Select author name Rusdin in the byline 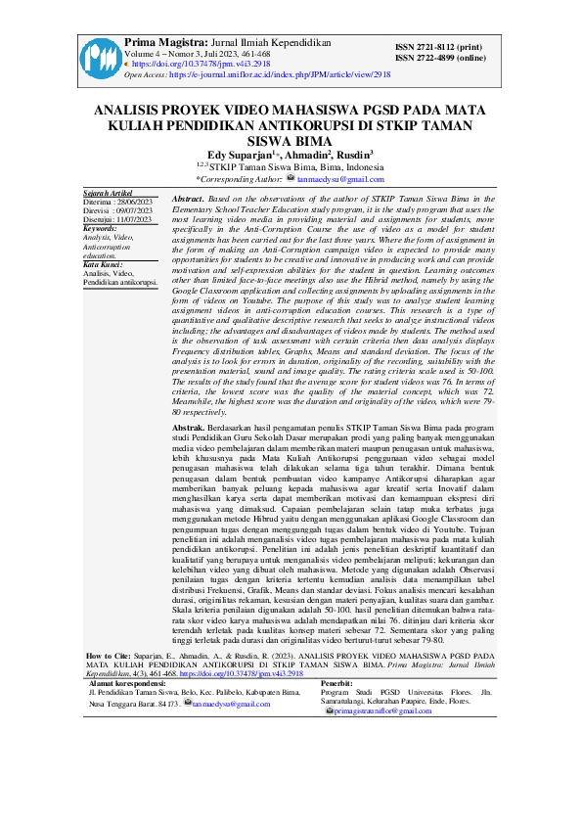click(355, 154)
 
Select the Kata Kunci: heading click(103, 265)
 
